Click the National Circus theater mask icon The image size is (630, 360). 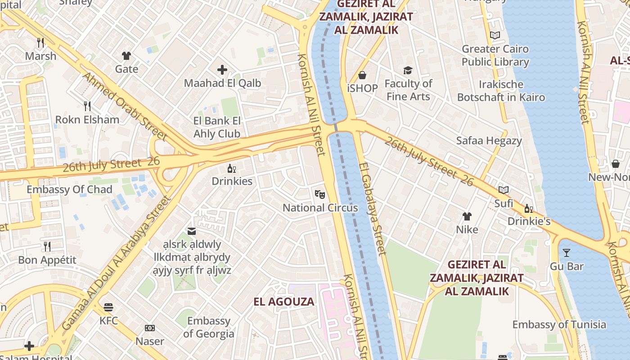(319, 194)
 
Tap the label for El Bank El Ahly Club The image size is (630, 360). (217, 127)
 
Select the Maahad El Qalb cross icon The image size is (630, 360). (222, 70)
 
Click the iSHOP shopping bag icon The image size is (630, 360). (362, 75)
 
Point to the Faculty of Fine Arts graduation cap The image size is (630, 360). (408, 70)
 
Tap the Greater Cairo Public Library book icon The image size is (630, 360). (495, 35)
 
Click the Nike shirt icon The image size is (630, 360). (467, 216)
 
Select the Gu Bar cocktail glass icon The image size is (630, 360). (566, 253)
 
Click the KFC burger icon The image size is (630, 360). (108, 307)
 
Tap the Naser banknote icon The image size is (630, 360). (150, 328)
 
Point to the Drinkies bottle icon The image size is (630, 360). (232, 168)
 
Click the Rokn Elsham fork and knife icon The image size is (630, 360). (87, 106)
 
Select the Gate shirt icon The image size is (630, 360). (126, 56)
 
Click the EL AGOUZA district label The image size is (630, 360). (284, 301)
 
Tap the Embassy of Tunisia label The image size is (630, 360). (559, 324)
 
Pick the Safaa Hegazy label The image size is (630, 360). (489, 140)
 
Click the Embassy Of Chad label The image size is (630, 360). (69, 189)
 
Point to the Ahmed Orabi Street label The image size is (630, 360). (124, 106)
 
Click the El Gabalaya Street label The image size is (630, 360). (373, 209)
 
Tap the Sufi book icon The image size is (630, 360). (503, 190)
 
